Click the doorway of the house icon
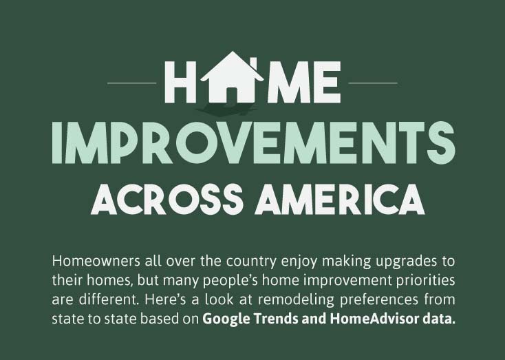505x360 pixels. (232, 90)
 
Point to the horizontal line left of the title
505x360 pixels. (132, 83)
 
